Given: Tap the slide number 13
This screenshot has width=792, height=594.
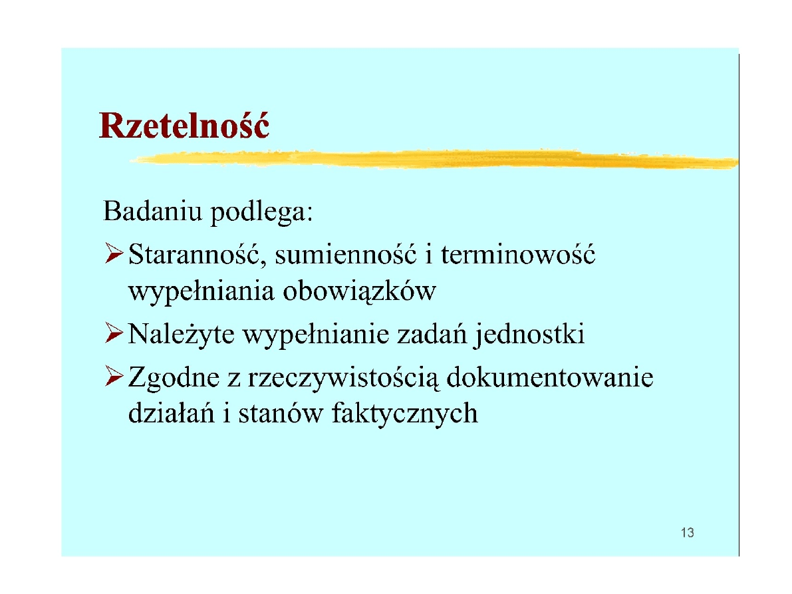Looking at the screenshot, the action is coord(687,532).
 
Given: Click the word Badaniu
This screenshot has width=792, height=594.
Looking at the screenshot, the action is coord(152,210).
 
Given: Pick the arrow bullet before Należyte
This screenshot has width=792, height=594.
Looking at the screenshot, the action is coord(114,333).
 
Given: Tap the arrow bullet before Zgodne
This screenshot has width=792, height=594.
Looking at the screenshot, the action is coord(114,376).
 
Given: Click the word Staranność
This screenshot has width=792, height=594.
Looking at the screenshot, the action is coord(197,253).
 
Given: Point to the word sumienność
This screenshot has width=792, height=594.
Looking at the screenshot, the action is coord(346,253).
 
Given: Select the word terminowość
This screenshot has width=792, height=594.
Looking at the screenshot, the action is coord(518,253).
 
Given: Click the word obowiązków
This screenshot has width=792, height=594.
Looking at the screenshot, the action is coord(359,291).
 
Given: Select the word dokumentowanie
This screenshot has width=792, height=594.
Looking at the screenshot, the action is coord(550,376).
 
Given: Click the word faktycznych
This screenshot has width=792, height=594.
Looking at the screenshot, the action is coord(404,414).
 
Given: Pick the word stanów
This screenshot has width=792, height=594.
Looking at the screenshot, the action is coord(281,413).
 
